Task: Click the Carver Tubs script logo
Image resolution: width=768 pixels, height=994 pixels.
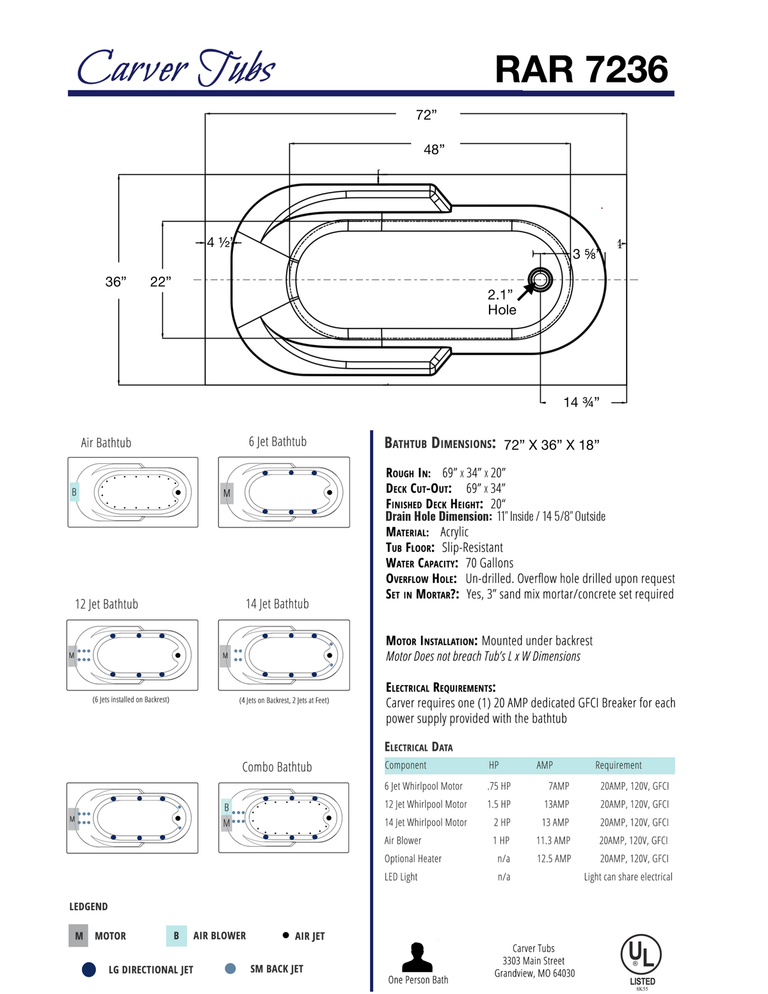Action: click(176, 68)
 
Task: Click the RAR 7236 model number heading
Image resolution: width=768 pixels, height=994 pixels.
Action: click(581, 69)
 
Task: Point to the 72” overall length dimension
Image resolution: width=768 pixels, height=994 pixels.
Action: click(426, 115)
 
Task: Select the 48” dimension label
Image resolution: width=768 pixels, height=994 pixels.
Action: click(434, 150)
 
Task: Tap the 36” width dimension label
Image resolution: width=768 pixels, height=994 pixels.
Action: click(116, 282)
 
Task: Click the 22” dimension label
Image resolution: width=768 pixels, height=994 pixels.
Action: click(160, 282)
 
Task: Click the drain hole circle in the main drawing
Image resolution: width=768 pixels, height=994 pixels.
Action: click(540, 279)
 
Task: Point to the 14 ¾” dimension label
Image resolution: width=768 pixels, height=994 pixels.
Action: click(581, 402)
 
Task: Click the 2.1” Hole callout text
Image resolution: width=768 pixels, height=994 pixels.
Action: click(502, 302)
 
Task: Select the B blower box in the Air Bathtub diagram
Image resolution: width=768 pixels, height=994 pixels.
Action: click(74, 492)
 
